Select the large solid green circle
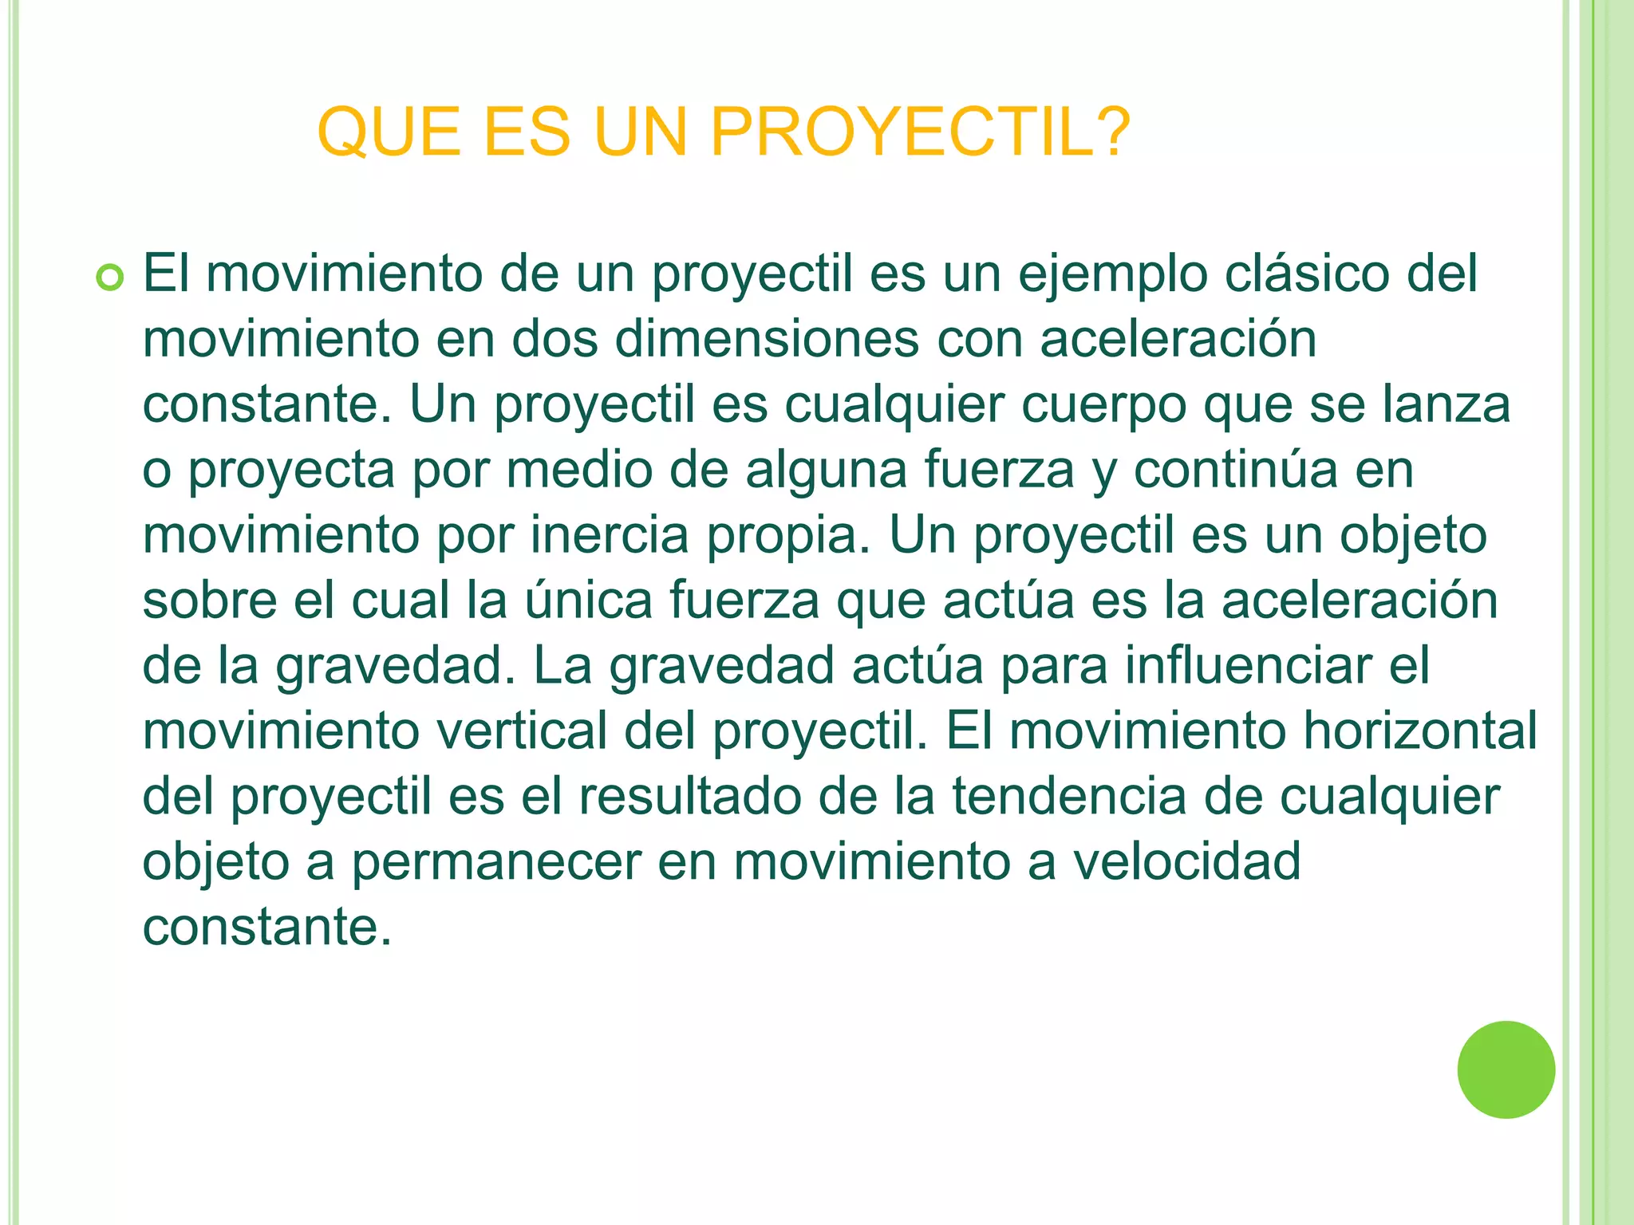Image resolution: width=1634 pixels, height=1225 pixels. (x=1506, y=1069)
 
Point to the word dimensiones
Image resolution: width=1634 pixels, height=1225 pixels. (x=767, y=339)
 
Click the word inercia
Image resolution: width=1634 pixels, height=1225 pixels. (x=610, y=535)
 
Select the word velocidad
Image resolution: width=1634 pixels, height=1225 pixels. (x=1186, y=862)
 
